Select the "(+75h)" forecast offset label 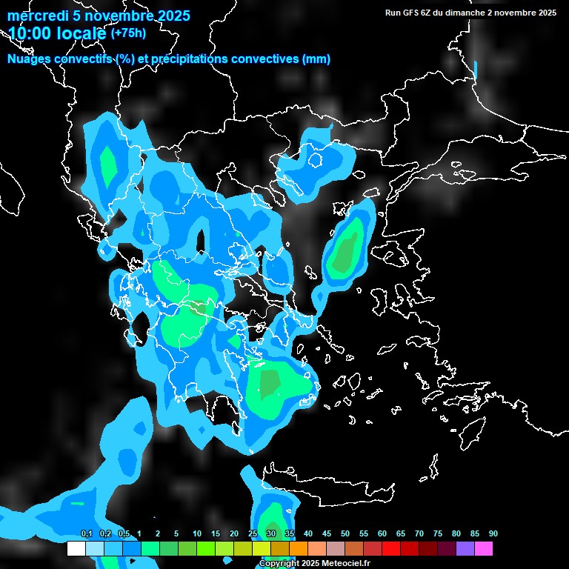(x=128, y=33)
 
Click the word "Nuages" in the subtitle (x=30, y=59)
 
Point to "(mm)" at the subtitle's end (x=316, y=59)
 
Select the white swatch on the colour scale (x=76, y=549)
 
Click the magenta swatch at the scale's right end (x=484, y=549)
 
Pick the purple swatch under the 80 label (x=465, y=549)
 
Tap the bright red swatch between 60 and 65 (x=391, y=549)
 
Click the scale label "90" (x=493, y=534)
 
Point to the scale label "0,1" (x=87, y=534)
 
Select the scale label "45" (x=327, y=534)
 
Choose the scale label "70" (x=419, y=534)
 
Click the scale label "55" (x=364, y=534)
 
